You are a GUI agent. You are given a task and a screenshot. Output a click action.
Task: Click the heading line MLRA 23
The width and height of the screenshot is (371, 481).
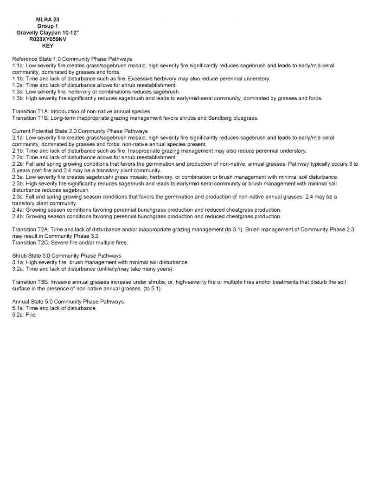pos(48,19)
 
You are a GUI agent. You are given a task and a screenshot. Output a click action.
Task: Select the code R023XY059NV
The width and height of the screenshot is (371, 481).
pos(48,39)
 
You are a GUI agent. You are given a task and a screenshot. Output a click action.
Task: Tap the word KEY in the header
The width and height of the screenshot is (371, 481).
pos(48,46)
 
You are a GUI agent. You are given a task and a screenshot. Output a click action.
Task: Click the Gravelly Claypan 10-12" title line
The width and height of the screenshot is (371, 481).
pos(48,33)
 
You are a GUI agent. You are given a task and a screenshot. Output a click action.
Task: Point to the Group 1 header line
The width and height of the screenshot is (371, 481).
pos(48,26)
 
